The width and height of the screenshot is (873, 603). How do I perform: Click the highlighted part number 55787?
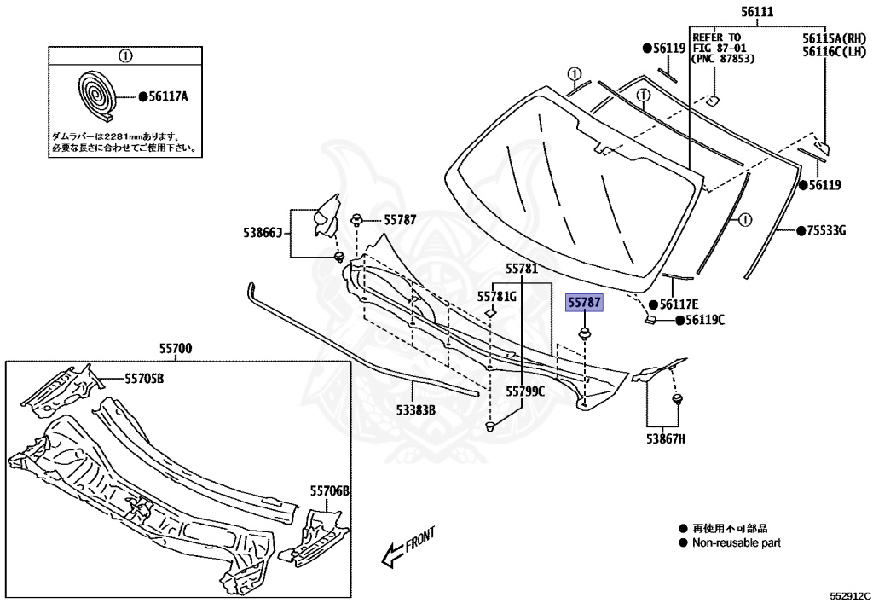585,303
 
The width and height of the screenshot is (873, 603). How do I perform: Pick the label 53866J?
262,231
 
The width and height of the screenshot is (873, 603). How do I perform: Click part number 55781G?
497,296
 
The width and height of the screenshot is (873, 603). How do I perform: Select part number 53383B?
415,410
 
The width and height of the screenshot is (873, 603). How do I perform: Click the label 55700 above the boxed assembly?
175,348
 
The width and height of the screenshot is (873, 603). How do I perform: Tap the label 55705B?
144,378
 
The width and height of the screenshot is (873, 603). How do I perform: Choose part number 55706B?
330,491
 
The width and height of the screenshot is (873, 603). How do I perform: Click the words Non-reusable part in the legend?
736,542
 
